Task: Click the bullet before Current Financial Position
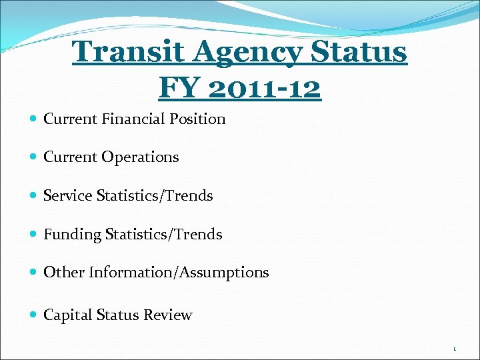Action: (x=34, y=119)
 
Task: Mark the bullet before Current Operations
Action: (x=34, y=158)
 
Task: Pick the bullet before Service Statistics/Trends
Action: (x=34, y=196)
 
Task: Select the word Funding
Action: (x=71, y=235)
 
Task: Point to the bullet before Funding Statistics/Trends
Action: (x=34, y=235)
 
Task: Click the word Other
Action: (x=64, y=273)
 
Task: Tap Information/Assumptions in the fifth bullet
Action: (x=179, y=273)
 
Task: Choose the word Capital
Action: (x=67, y=315)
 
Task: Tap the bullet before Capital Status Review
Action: (x=34, y=316)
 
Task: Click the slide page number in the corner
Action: (x=454, y=349)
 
